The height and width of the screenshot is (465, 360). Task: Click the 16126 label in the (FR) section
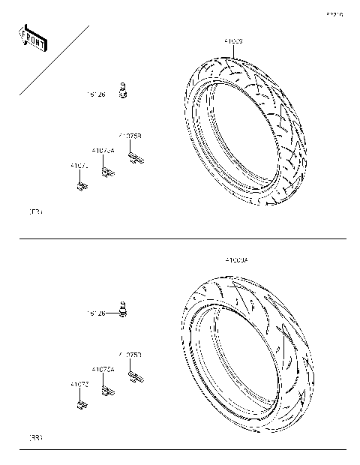pos(97,95)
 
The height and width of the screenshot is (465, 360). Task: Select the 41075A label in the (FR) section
pos(103,151)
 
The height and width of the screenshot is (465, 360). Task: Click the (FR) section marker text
pos(34,212)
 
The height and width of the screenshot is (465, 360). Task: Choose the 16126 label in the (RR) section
pos(97,313)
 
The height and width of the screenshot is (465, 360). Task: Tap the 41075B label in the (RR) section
pos(130,354)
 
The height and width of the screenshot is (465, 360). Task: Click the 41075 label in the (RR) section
pos(79,384)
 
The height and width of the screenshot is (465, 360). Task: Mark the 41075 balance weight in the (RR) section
pos(80,406)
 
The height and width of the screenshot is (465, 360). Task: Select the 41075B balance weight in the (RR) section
pos(135,374)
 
